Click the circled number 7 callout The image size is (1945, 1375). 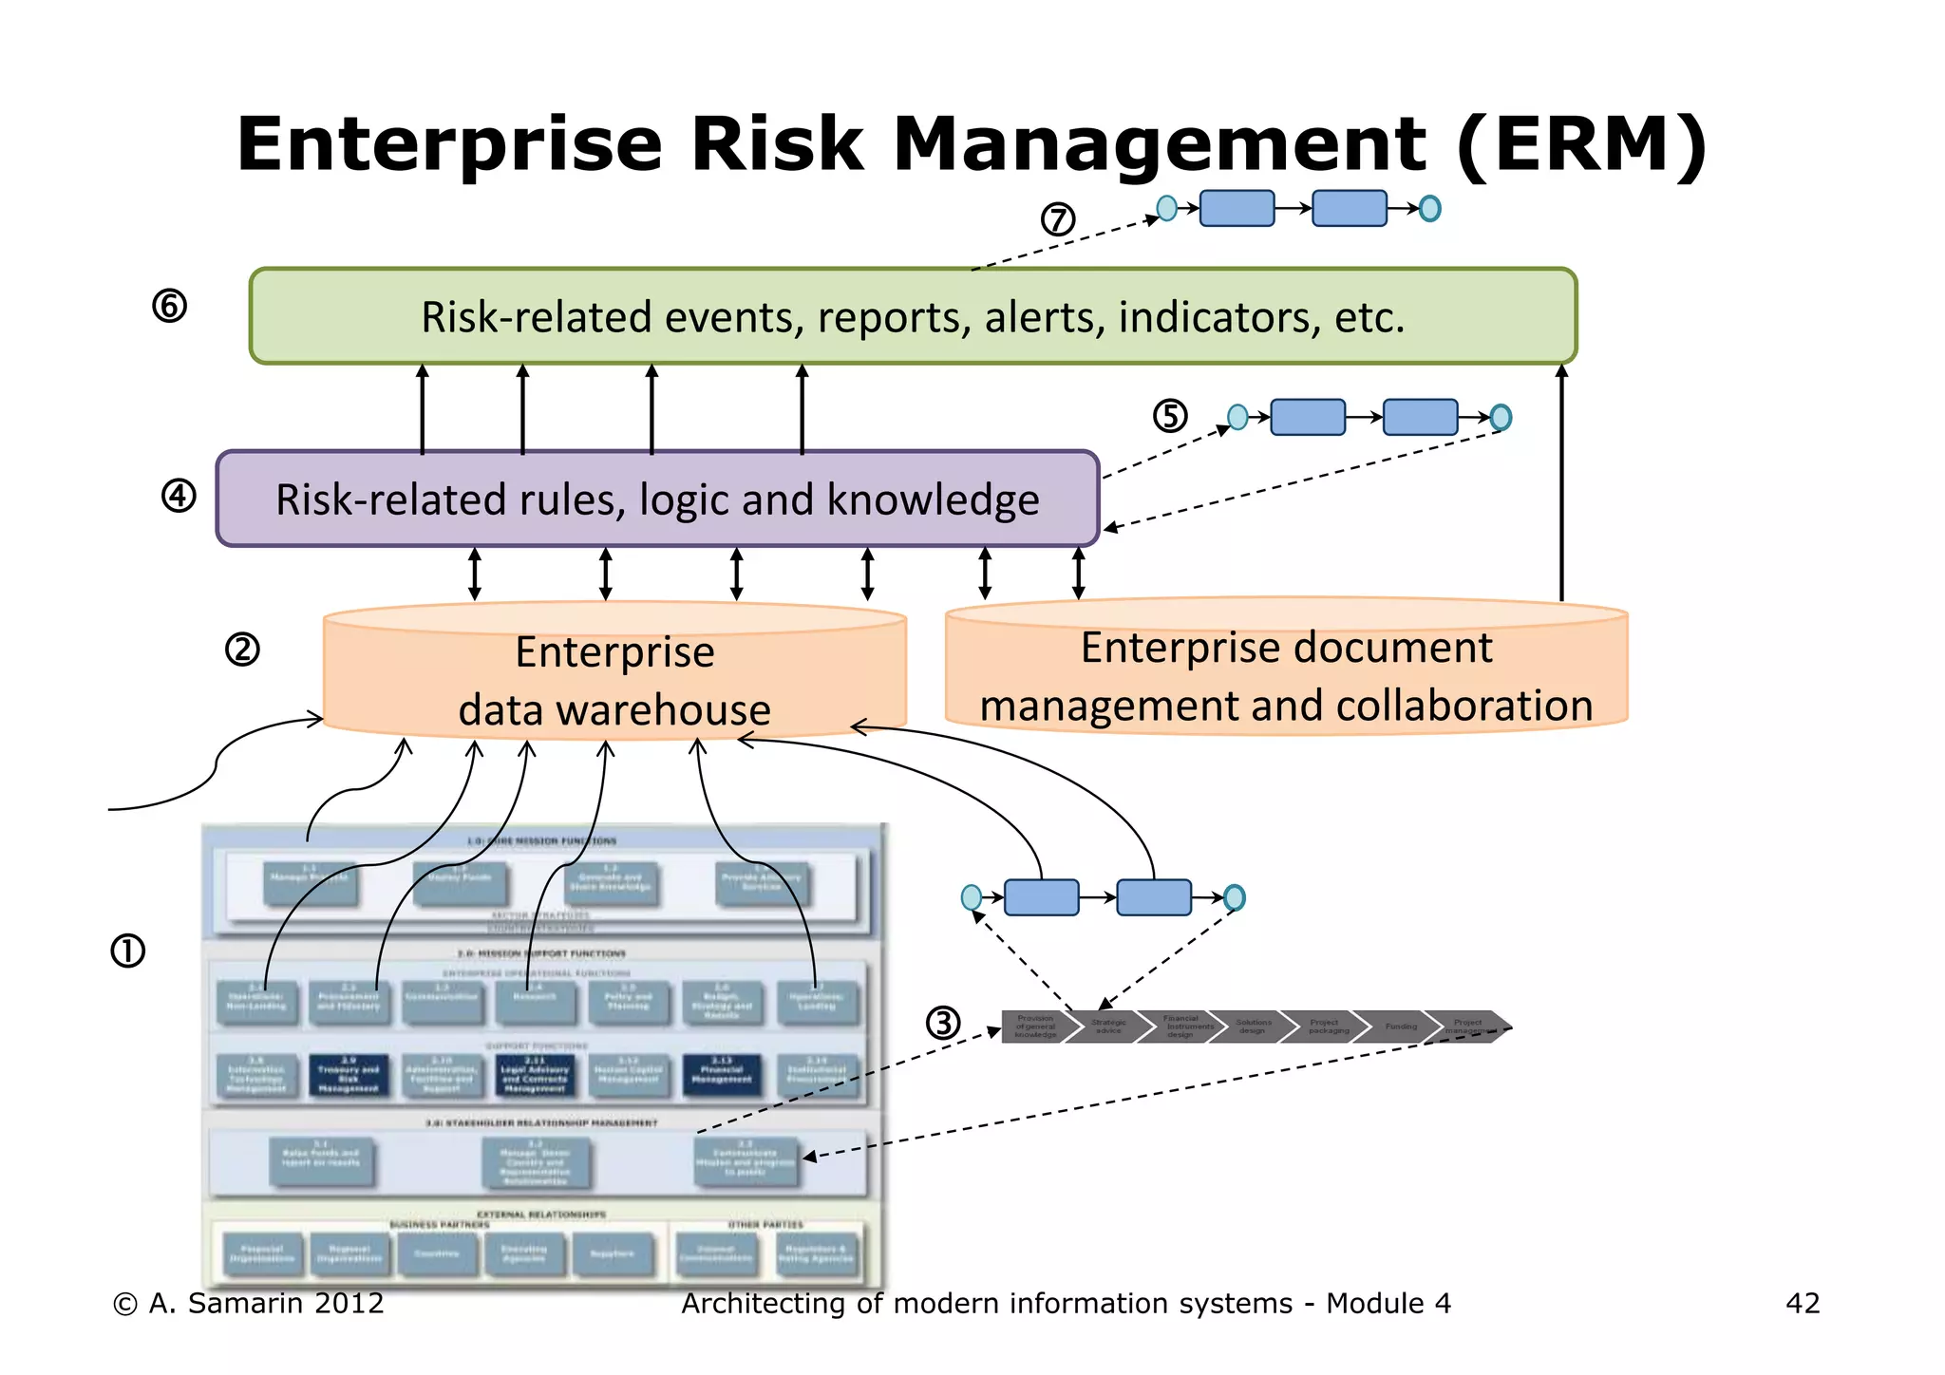1057,219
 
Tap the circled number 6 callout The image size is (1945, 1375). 170,306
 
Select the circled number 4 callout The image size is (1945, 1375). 179,496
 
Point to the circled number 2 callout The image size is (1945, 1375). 242,650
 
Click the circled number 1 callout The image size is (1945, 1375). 128,951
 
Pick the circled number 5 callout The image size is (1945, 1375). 1170,416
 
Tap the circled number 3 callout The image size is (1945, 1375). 943,1023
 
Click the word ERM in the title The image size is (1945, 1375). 1580,144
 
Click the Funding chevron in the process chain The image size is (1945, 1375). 1400,1027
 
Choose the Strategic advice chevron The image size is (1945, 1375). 1108,1027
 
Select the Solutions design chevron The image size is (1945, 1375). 1253,1027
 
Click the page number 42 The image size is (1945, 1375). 1803,1303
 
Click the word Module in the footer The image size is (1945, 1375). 1373,1303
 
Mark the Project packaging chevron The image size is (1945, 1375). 1327,1027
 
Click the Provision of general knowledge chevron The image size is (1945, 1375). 1035,1027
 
